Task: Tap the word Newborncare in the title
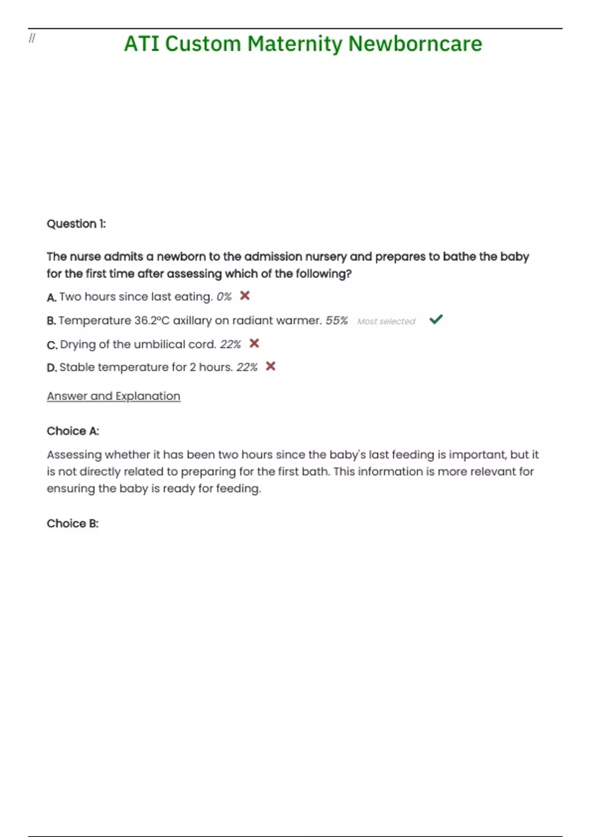pos(415,44)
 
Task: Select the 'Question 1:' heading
pos(76,224)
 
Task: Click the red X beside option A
pos(245,295)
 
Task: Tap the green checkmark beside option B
pos(436,320)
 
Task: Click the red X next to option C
pos(254,343)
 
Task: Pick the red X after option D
pos(270,366)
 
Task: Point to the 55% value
pos(336,321)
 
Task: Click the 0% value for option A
pos(224,297)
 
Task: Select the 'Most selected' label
pos(386,322)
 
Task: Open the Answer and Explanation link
pos(113,396)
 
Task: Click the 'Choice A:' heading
pos(73,431)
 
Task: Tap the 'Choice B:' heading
pos(73,524)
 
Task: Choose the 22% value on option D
pos(247,367)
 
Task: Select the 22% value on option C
pos(230,344)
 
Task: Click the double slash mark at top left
pos(32,38)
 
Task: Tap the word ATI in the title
pos(142,44)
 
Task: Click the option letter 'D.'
pos(52,368)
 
